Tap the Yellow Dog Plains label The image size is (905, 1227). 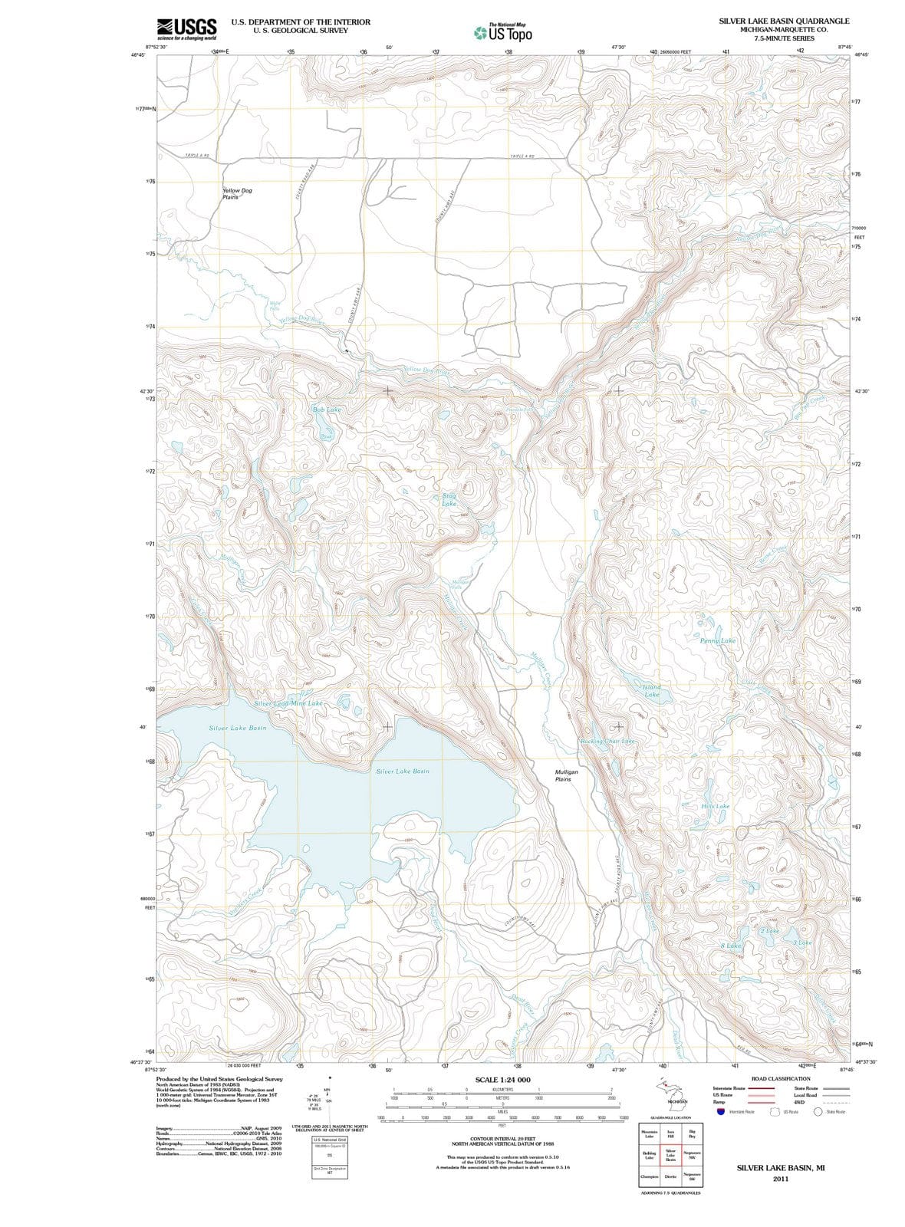(237, 193)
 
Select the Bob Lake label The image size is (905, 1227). (327, 410)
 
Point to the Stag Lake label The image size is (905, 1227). (449, 500)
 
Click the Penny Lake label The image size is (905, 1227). (718, 640)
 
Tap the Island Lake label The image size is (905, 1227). (652, 690)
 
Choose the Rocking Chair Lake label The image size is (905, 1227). (608, 742)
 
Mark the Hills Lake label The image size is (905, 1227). (715, 807)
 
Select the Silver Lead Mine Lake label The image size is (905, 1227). (288, 702)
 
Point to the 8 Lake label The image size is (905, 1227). (731, 946)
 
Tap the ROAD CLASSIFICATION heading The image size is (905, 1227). (781, 1078)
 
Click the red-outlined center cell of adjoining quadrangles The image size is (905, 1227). (670, 1156)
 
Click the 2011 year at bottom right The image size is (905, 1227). (781, 1179)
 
